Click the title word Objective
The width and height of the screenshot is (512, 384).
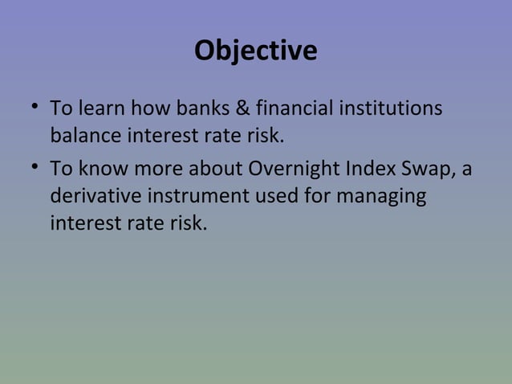point(255,51)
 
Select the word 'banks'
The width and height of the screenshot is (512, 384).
point(193,107)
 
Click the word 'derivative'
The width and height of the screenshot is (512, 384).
point(95,197)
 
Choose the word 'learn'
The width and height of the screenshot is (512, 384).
point(103,107)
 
